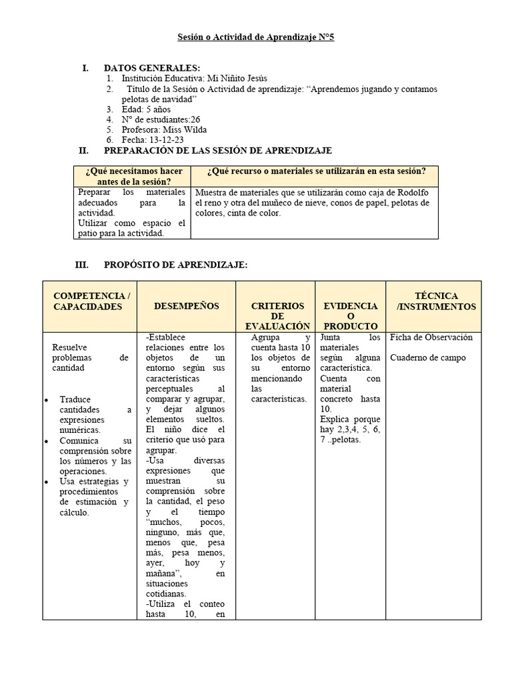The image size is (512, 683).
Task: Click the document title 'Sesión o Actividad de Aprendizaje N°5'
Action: tap(255, 37)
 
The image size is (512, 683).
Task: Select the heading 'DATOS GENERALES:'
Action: tap(151, 68)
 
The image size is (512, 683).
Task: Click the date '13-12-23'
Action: tap(167, 140)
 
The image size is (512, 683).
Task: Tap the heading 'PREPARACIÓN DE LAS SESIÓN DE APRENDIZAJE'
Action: tap(217, 151)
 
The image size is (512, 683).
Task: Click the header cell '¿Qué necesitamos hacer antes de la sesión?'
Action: tap(133, 176)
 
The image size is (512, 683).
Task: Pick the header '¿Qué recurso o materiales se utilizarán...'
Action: tap(316, 171)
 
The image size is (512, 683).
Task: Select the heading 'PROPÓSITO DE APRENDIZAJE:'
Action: tap(175, 265)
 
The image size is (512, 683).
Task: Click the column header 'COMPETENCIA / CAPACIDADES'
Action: tap(91, 301)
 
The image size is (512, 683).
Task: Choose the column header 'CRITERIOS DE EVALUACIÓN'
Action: tap(277, 315)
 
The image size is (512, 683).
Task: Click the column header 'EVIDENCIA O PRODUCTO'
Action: tap(350, 315)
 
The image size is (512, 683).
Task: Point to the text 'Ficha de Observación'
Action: tap(431, 337)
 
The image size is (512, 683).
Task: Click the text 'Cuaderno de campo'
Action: tap(427, 358)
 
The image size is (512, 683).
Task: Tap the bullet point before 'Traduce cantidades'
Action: tap(46, 400)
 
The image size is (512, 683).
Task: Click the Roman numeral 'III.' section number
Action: tap(83, 265)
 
